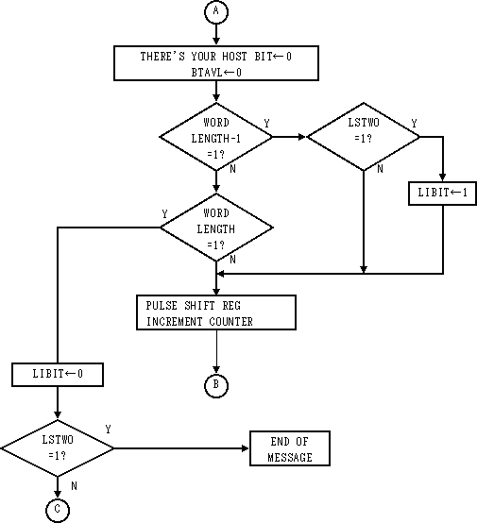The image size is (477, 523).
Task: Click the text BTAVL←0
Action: pyautogui.click(x=216, y=73)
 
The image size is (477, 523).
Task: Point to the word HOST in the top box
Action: pyautogui.click(x=234, y=57)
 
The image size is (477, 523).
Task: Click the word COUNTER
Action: pyautogui.click(x=231, y=322)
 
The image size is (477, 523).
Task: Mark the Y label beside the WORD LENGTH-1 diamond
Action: pyautogui.click(x=266, y=124)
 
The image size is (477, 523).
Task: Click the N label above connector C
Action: pyautogui.click(x=74, y=486)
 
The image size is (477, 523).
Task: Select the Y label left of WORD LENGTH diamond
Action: pyautogui.click(x=164, y=213)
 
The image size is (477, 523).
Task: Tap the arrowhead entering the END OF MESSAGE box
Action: pyautogui.click(x=246, y=448)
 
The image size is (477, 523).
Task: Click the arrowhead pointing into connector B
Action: pyautogui.click(x=216, y=369)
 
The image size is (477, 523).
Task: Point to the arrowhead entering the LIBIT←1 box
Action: pyautogui.click(x=443, y=177)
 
